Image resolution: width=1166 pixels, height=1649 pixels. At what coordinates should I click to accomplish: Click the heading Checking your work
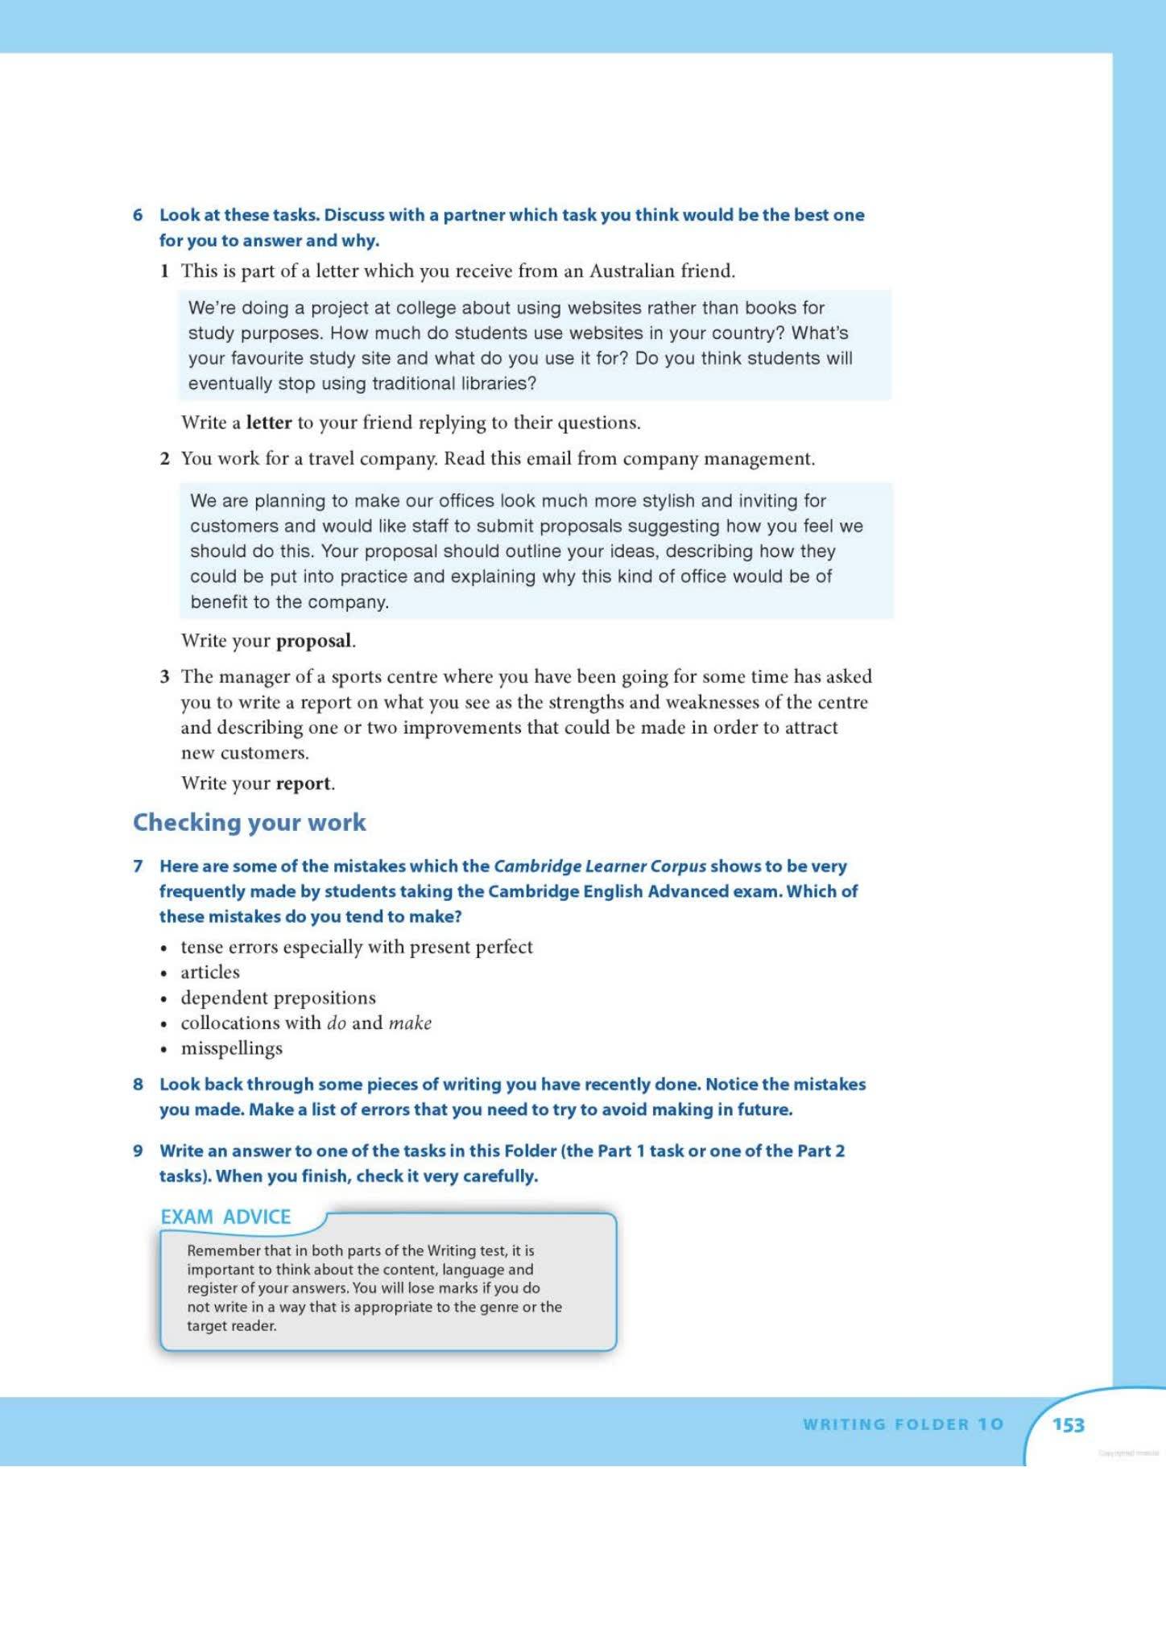[249, 822]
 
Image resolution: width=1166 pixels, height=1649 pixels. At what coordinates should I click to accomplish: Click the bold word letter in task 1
[269, 423]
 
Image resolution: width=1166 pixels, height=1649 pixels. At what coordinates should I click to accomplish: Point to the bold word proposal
[314, 641]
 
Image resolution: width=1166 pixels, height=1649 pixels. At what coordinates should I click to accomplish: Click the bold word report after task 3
[304, 783]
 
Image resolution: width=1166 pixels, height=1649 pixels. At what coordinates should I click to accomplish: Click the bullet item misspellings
[232, 1048]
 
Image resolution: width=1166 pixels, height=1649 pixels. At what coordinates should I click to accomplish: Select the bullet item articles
[210, 972]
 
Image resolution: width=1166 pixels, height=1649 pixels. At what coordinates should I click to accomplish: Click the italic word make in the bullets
[410, 1023]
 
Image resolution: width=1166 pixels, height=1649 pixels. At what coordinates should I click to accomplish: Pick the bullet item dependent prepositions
[278, 998]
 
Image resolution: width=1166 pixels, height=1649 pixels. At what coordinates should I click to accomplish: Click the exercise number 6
[138, 215]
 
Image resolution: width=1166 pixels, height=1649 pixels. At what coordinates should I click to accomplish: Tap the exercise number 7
[138, 866]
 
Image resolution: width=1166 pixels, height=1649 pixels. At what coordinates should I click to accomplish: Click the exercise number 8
[138, 1085]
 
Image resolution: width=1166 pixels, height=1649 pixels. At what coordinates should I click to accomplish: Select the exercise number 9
[138, 1151]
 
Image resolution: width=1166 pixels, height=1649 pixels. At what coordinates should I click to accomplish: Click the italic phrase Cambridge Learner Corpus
[599, 866]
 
